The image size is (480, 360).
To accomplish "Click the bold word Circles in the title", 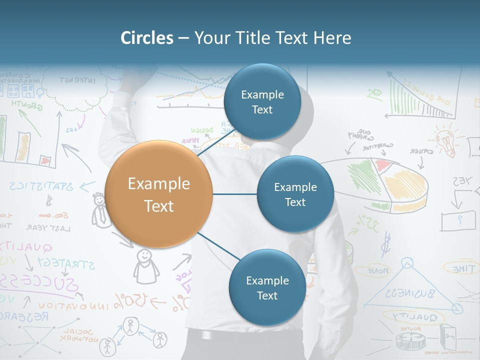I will (147, 38).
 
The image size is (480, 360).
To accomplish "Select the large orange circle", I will (159, 194).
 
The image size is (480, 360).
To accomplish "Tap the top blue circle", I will (262, 101).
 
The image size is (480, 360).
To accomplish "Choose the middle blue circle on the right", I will (295, 194).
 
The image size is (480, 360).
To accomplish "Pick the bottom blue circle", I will (267, 287).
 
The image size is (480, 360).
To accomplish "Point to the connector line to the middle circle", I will (234, 194).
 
